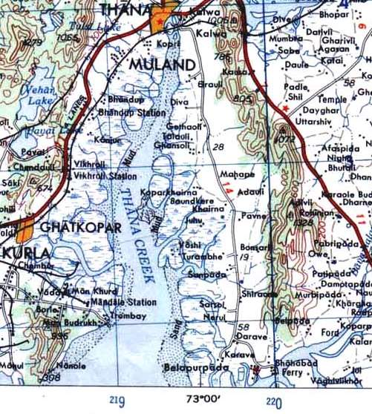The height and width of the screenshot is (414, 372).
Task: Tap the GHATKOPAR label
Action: pyautogui.click(x=80, y=227)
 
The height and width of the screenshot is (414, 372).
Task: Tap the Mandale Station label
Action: pyautogui.click(x=124, y=303)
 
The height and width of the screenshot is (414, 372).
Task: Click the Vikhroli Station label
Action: pyautogui.click(x=105, y=177)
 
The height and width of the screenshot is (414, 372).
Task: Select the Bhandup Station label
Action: pyautogui.click(x=131, y=113)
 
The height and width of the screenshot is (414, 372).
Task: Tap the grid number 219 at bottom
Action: pyautogui.click(x=117, y=401)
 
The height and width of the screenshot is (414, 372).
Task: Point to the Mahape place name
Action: pyautogui.click(x=238, y=174)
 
